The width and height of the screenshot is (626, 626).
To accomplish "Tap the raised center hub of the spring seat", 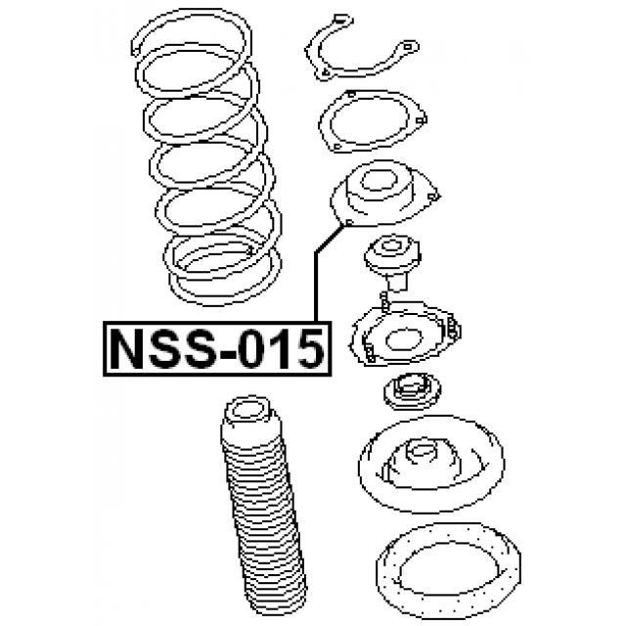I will [x=422, y=456].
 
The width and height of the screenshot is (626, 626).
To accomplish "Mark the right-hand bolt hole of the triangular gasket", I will [x=420, y=121].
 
